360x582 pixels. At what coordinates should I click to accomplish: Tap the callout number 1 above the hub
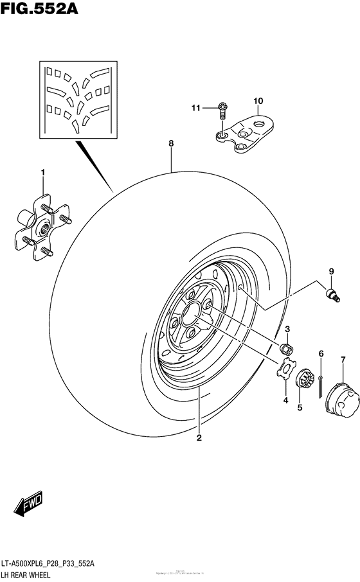point(43,172)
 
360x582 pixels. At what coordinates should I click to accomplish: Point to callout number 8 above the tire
point(172,145)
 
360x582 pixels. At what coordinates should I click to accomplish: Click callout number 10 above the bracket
point(258,101)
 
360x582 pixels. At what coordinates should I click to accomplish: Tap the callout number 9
point(332,271)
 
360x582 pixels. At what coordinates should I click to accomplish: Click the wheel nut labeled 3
point(287,349)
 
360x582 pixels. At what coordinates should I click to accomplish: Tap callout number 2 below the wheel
point(199,438)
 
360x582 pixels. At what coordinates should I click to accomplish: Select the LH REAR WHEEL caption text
point(32,574)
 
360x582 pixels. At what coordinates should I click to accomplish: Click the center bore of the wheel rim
point(192,315)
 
